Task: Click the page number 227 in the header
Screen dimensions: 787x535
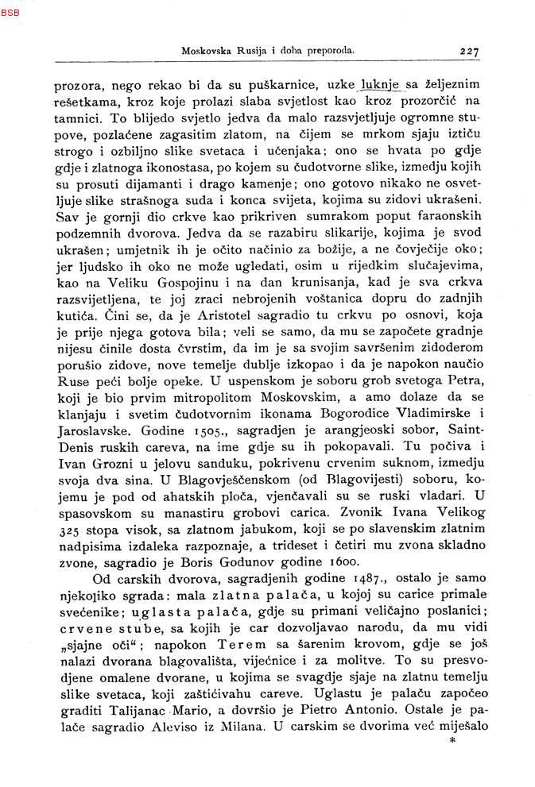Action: coord(469,52)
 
